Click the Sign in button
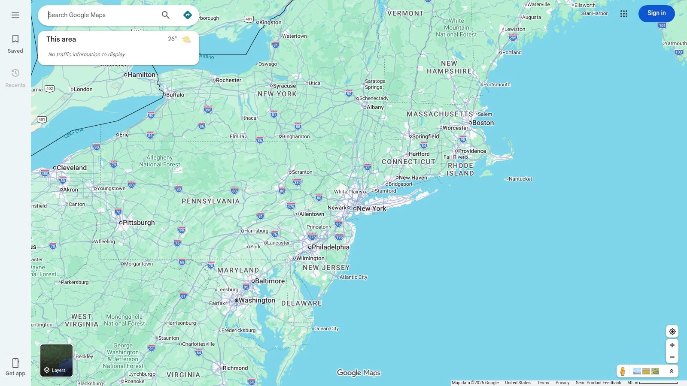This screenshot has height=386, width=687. [x=656, y=13]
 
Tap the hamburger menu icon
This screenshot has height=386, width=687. [x=15, y=15]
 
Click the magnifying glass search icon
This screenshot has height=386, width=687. [x=166, y=15]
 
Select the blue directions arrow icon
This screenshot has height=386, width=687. [x=188, y=15]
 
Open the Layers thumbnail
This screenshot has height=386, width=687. [x=56, y=360]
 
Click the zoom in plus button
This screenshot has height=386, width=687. [x=672, y=345]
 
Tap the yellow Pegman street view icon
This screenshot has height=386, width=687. [x=623, y=371]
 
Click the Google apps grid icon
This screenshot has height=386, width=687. [x=624, y=14]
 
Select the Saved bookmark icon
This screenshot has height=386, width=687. [x=15, y=39]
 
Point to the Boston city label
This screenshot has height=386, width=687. [x=483, y=123]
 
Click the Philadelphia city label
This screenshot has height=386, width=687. [x=330, y=247]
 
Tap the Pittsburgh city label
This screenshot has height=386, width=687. [x=138, y=223]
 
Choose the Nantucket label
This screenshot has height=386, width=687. [x=520, y=179]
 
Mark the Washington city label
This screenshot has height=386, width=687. [x=256, y=300]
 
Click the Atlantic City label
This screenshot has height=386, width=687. [x=353, y=277]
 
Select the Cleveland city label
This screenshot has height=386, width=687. [x=71, y=168]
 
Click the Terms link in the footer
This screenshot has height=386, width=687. [x=543, y=383]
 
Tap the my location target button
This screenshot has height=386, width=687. [x=672, y=332]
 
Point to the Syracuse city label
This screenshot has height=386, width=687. [x=284, y=86]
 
